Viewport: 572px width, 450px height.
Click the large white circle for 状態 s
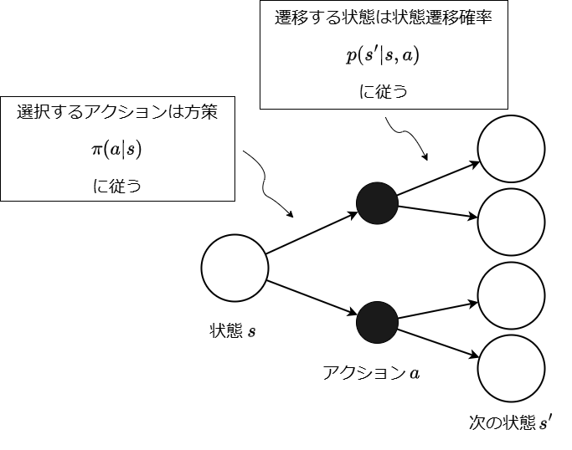[234, 268]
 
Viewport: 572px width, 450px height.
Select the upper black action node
[376, 202]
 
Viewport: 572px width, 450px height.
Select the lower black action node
[376, 320]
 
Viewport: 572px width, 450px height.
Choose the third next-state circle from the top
[511, 295]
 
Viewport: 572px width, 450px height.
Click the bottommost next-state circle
[511, 368]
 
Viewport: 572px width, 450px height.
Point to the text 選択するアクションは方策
[117, 113]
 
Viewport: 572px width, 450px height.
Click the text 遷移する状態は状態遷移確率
[383, 18]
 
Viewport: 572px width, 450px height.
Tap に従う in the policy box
[116, 186]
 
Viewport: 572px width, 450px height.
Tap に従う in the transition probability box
[384, 92]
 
